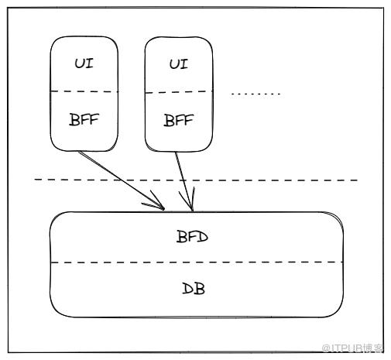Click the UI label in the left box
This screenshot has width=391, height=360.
84,63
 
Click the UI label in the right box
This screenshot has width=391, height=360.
179,64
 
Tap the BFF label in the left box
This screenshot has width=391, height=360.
84,119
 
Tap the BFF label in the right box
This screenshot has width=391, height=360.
179,120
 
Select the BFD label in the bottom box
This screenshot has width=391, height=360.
192,237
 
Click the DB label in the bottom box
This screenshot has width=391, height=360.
194,289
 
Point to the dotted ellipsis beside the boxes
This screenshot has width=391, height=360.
256,94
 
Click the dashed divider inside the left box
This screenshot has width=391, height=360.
84,91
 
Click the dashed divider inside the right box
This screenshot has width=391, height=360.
179,92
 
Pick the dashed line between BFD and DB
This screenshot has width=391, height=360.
197,262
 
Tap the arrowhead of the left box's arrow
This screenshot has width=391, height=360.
163,208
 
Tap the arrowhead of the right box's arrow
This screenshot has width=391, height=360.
192,210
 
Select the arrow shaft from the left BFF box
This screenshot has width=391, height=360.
122,180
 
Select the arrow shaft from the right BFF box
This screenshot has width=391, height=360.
183,180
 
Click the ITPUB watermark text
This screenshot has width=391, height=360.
352,348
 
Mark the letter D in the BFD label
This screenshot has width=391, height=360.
203,237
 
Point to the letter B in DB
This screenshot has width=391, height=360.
200,289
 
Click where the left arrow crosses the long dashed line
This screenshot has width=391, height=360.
121,180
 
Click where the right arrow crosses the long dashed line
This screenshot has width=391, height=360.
183,180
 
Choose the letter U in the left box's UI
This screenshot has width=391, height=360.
80,63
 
